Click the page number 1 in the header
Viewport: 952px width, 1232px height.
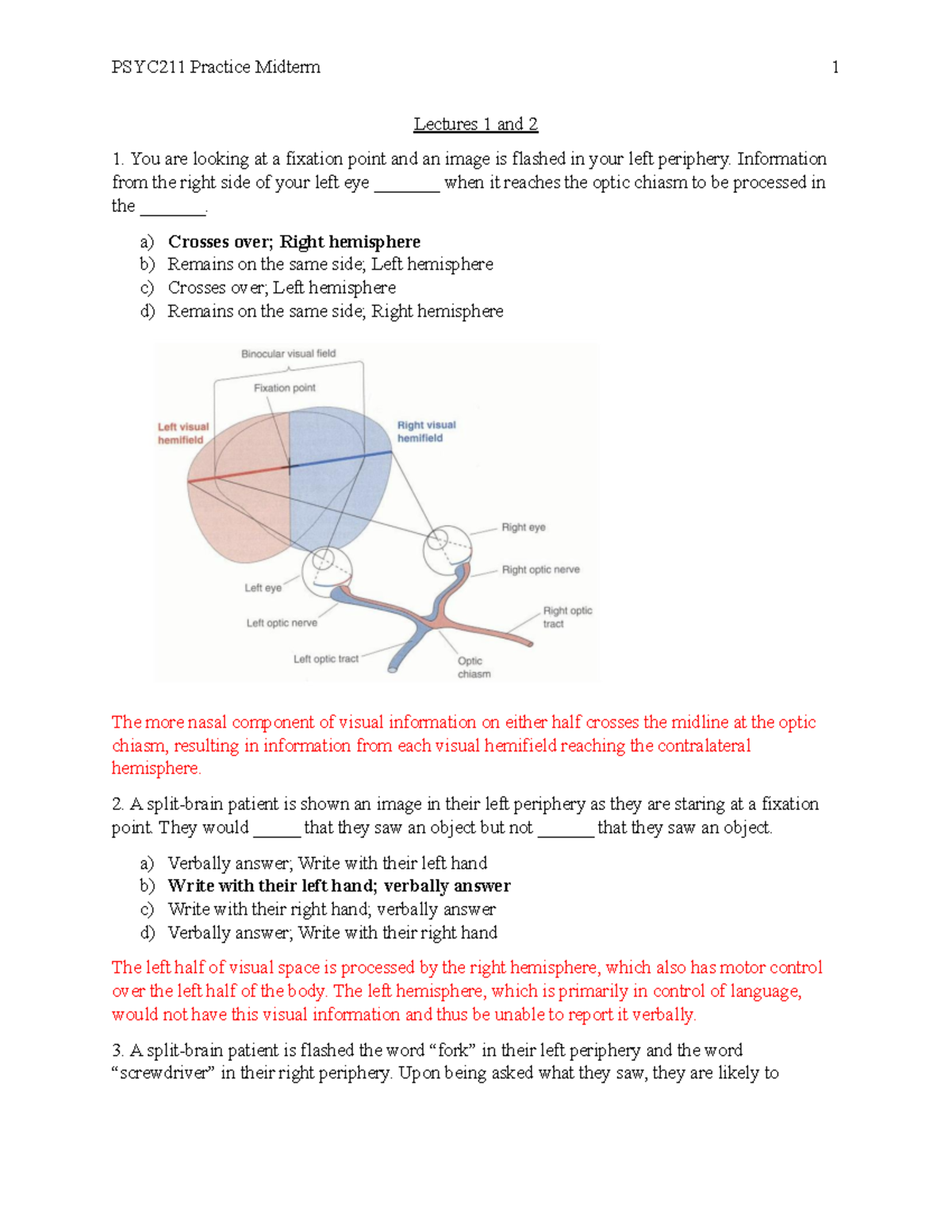835,67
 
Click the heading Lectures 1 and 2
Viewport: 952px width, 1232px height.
475,125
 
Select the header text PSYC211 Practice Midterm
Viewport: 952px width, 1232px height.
216,67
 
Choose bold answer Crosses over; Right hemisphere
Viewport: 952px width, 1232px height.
294,242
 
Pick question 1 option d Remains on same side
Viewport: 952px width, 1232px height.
335,312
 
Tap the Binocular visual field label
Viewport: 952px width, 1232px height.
288,354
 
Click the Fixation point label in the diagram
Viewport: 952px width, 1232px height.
284,388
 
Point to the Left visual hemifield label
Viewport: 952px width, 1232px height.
182,433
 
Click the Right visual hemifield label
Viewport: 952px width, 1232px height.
426,432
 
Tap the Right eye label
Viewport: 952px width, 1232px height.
523,528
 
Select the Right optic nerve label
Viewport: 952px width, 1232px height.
540,570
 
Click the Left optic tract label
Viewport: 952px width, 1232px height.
325,658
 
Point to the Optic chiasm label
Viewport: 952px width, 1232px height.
473,667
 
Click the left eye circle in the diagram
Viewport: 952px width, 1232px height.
326,570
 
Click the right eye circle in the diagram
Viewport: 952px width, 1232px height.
447,548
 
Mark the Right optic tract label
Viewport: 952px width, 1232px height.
566,617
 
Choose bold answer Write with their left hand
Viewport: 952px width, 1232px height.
339,886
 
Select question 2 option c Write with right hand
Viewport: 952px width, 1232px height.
332,910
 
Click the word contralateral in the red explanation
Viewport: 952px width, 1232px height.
690,746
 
